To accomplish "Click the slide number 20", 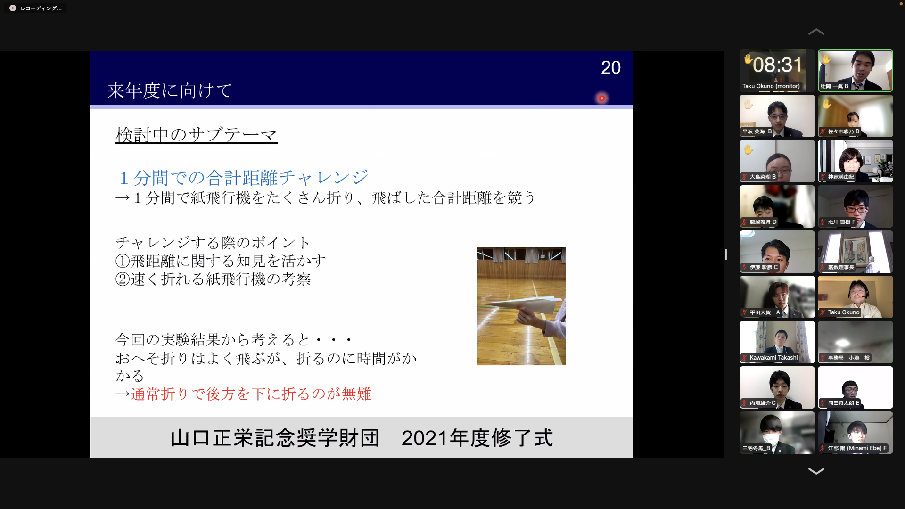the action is pos(610,68).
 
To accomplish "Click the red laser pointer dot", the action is pos(602,98).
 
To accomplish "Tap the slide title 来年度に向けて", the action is pos(170,90).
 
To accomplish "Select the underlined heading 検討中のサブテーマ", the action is pos(197,135).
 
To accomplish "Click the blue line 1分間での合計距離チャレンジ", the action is pos(244,178).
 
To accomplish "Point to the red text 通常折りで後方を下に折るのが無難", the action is pos(251,394).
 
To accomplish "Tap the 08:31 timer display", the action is pos(777,65).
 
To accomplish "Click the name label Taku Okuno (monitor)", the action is pos(771,86).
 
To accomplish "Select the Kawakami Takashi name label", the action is pos(773,358).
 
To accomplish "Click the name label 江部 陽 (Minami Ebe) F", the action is pos(857,448).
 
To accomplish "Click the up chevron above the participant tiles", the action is pos(816,32).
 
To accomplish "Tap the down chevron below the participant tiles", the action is pos(816,471).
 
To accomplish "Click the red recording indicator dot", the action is pos(13,8).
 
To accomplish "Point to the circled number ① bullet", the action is pos(123,261).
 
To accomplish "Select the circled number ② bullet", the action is pos(123,279).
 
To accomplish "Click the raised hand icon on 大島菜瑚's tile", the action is pos(749,150).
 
